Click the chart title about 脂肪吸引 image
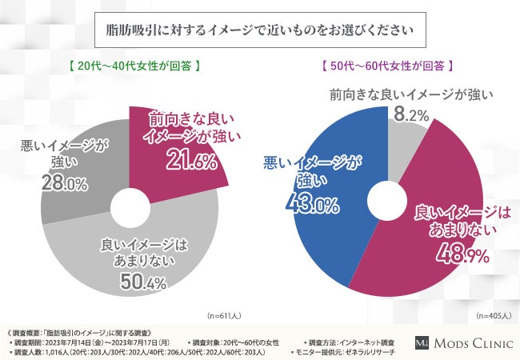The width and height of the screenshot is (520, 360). coord(260,32)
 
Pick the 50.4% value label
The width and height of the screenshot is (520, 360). coord(142,282)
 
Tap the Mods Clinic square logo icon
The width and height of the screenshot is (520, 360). coord(422,342)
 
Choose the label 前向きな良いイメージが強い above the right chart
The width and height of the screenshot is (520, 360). coord(410,95)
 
